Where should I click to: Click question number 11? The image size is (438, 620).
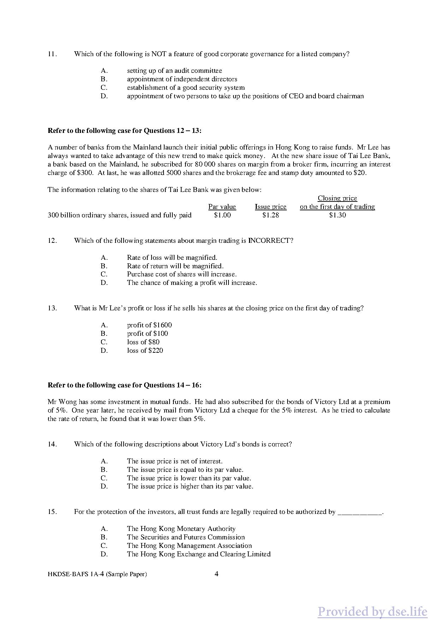(52, 54)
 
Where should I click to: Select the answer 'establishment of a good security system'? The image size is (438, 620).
(185, 88)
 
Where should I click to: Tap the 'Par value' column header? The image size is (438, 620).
(222, 207)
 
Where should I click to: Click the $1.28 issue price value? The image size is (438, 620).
(271, 215)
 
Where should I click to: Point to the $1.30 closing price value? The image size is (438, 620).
(337, 215)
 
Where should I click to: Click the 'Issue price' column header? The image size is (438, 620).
(271, 207)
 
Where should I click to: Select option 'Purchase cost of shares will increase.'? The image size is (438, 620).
(182, 274)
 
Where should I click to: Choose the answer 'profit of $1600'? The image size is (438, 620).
(149, 325)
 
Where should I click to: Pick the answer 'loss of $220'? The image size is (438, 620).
(145, 351)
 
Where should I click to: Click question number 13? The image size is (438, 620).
(52, 308)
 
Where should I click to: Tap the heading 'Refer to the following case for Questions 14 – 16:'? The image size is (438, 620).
(124, 385)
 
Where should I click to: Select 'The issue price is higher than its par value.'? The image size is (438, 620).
(190, 486)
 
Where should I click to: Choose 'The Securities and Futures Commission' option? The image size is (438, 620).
(186, 537)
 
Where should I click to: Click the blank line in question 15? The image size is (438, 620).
(360, 513)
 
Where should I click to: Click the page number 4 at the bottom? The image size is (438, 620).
(217, 574)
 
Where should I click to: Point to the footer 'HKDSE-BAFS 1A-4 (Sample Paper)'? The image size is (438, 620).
(97, 574)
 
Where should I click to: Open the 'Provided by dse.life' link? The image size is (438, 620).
(372, 602)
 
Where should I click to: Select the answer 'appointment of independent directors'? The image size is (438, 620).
(182, 79)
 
